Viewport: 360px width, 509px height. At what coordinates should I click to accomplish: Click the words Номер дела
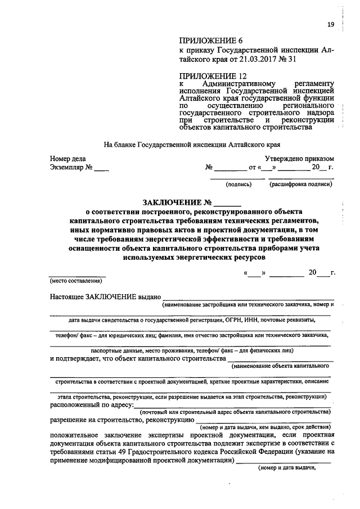click(67, 159)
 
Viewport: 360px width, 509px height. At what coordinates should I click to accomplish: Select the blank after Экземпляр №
click(101, 168)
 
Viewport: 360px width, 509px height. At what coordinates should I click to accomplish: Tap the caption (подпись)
click(238, 184)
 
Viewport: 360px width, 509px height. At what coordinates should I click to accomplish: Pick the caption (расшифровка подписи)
click(300, 184)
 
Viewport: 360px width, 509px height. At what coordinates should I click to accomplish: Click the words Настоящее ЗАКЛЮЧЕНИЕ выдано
click(106, 296)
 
